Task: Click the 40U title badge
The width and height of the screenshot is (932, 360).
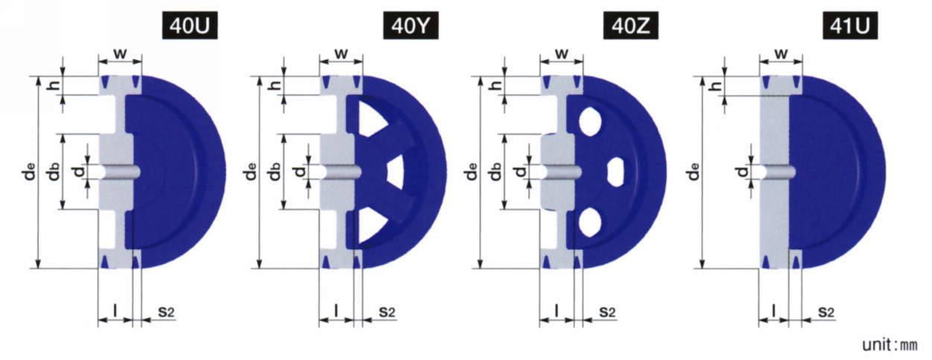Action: (190, 26)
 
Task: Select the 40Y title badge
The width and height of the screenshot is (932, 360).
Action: (410, 26)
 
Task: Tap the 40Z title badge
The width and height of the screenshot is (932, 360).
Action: (631, 26)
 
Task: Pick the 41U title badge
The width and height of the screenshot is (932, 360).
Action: (851, 26)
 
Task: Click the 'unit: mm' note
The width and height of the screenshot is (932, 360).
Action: (890, 344)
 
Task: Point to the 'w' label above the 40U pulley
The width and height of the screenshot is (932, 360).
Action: (120, 53)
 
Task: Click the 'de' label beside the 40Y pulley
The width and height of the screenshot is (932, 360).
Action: (251, 172)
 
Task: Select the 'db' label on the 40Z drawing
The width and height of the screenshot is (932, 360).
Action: (495, 172)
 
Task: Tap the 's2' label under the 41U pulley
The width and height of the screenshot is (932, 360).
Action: (826, 312)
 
